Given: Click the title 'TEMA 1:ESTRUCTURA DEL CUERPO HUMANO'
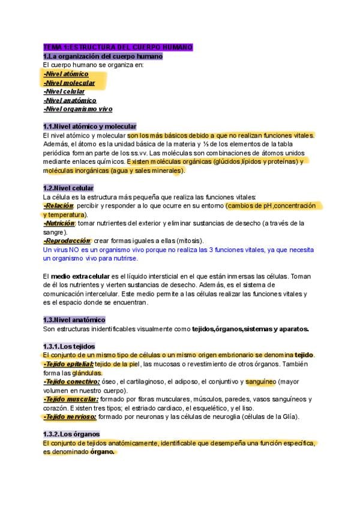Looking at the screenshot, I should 118,47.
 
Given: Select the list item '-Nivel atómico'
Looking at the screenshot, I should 66,74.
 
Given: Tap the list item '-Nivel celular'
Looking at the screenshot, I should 64,91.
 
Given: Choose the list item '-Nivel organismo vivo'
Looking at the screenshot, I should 77,109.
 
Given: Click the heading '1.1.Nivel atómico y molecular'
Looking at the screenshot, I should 90,127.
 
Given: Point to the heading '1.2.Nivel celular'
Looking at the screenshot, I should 68,188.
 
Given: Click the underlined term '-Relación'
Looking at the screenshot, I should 58,206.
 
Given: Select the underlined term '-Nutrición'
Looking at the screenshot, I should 59,223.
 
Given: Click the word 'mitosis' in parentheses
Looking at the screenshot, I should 175,241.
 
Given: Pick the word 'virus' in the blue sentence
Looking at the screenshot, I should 61,250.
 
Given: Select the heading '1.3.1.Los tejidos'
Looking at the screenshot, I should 70,346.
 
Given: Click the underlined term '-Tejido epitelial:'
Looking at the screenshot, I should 68,364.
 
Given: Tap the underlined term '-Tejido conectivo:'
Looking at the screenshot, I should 71,381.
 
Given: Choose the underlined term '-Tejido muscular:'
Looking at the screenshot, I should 70,399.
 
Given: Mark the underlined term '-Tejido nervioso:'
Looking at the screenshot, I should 70,417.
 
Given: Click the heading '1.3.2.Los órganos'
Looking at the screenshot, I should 71,434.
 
